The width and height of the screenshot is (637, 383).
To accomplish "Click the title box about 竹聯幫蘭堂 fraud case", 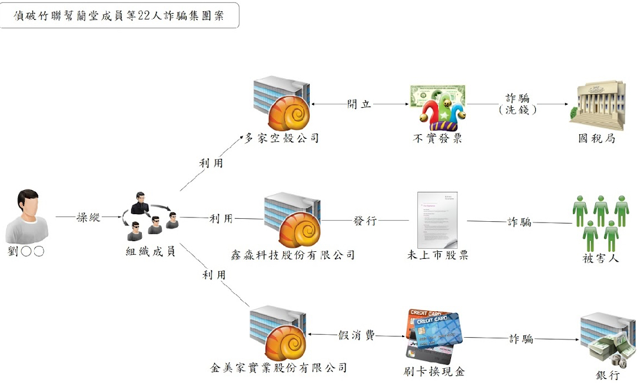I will pos(120,15).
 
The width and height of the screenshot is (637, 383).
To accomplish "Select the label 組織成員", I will pos(151,252).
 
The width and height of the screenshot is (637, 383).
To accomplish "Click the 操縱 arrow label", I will pos(89,218).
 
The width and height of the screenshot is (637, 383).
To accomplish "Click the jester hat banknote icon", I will pos(437,106).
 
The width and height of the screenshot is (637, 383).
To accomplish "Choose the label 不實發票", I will pos(437,139).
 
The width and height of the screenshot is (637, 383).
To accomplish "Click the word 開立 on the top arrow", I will pos(359,104).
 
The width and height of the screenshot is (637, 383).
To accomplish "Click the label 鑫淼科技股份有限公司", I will pos(293,255).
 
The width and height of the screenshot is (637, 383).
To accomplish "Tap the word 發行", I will pos(365,221).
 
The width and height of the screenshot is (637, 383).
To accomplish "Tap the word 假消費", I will pos(356,335).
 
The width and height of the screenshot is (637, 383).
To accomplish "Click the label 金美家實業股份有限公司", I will pos(279,368).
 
